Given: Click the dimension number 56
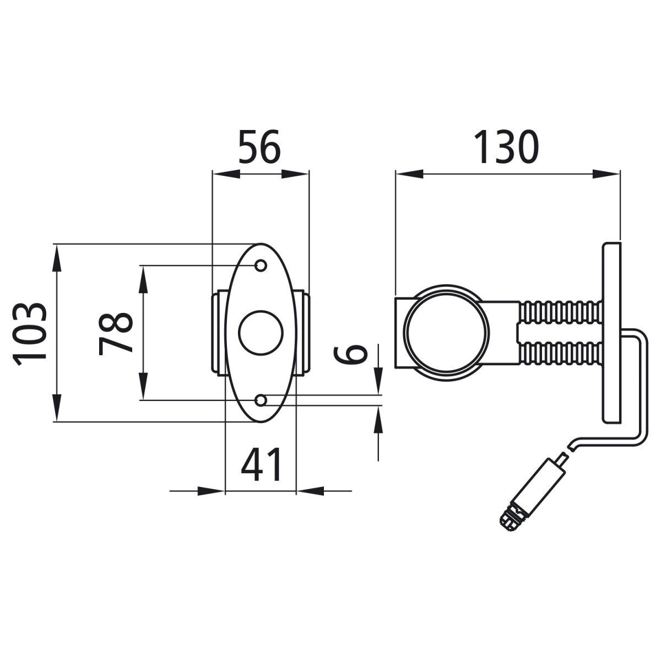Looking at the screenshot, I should [x=259, y=147].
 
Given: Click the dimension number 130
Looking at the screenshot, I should [x=506, y=147].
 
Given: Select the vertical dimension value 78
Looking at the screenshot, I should [x=116, y=334].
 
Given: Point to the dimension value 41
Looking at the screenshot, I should [x=262, y=464].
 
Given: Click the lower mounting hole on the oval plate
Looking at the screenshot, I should [x=262, y=399].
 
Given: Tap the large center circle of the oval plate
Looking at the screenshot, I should [x=261, y=332].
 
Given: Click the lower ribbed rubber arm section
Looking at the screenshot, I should [x=559, y=354].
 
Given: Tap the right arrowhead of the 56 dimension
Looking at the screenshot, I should [x=296, y=174].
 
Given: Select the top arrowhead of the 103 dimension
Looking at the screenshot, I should [x=56, y=259].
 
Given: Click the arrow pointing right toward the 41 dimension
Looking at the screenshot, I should [x=212, y=490].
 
